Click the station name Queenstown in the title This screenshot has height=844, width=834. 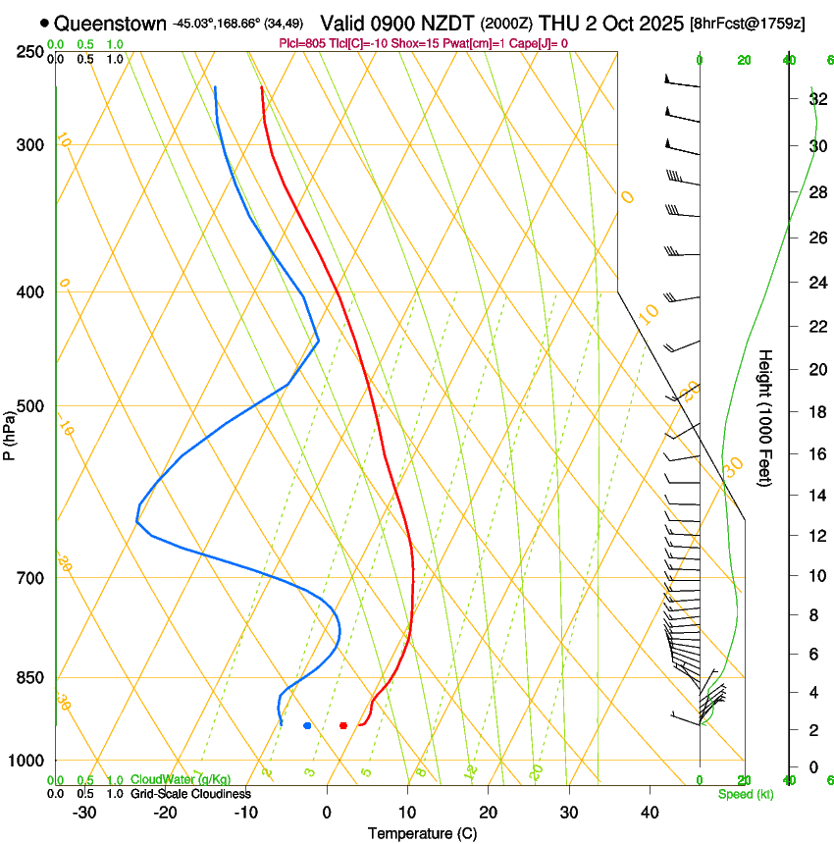pos(111,23)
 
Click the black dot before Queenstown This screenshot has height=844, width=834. pos(45,23)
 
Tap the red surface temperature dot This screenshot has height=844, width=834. pos(343,725)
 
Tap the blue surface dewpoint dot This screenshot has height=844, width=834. pos(308,725)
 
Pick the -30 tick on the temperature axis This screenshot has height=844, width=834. pos(84,812)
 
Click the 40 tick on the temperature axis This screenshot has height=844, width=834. pos(650,812)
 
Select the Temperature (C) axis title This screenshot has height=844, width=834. pos(422,833)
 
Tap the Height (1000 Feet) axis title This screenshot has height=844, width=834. pos(766,418)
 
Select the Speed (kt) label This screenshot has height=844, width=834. pos(746,794)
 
